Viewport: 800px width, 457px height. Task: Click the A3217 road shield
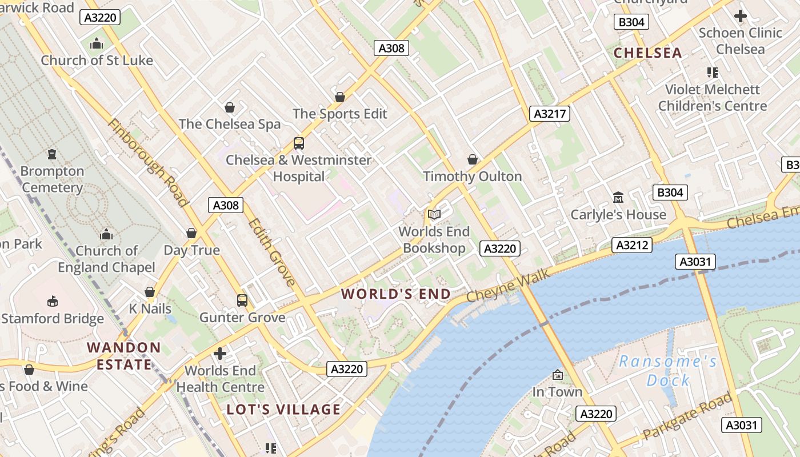tap(549, 114)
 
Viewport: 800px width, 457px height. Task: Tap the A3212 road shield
tap(632, 246)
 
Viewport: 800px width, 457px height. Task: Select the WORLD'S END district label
tap(396, 294)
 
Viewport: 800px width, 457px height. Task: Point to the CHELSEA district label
tap(647, 53)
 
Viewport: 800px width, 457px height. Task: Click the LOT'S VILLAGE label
tap(283, 410)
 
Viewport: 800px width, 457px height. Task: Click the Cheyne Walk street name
tap(508, 286)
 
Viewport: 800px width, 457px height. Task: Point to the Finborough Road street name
tap(147, 162)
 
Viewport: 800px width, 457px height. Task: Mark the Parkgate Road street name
tap(687, 416)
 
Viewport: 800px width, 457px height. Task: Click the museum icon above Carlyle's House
tap(618, 198)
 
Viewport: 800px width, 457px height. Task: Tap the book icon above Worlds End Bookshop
tap(434, 214)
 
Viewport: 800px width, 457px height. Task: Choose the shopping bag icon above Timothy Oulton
tap(473, 159)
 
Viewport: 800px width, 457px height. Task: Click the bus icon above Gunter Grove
tap(242, 300)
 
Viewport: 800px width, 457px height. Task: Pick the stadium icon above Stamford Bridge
tap(53, 301)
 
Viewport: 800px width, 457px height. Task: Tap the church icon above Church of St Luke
tap(97, 43)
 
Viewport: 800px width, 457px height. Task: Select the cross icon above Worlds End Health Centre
tap(220, 354)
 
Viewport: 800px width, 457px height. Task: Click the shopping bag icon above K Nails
tap(150, 292)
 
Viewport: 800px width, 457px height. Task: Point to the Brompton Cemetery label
tap(53, 179)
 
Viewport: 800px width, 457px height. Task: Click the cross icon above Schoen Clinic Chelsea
tap(741, 16)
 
